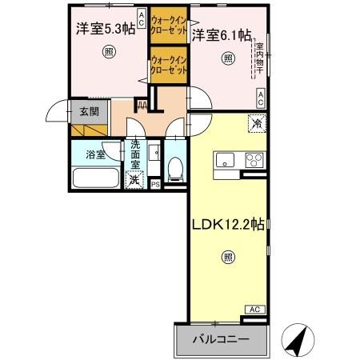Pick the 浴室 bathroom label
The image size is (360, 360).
click(x=96, y=154)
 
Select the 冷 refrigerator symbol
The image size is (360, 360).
click(x=257, y=124)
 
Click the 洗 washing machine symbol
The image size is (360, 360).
click(x=136, y=178)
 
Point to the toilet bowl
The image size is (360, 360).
click(x=175, y=168)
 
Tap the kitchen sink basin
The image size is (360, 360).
click(x=223, y=158)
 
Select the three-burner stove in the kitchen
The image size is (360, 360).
click(x=255, y=158)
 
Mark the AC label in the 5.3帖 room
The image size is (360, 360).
click(x=142, y=18)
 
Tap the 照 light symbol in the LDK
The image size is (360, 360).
click(x=228, y=258)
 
